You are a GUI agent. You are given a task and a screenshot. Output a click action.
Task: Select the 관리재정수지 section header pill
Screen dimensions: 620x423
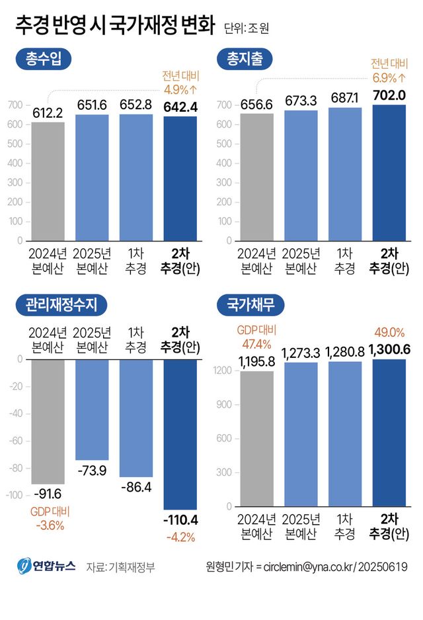point(61,306)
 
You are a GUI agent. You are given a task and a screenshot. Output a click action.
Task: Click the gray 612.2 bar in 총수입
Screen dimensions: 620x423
point(48,181)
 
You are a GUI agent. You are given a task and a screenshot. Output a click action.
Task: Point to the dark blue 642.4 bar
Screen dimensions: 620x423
point(180,179)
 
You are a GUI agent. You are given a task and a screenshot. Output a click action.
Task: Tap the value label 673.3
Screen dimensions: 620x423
point(301,101)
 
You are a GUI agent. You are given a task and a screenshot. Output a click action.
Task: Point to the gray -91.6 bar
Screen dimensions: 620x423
point(48,421)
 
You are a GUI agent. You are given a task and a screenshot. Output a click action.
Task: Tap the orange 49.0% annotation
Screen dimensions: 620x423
point(389,332)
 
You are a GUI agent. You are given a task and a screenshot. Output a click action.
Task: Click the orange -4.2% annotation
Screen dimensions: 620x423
point(180,537)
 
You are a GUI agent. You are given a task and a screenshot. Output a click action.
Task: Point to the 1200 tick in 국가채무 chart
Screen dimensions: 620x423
point(223,371)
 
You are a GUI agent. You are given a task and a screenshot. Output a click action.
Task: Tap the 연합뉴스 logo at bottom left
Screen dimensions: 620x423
point(46,566)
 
